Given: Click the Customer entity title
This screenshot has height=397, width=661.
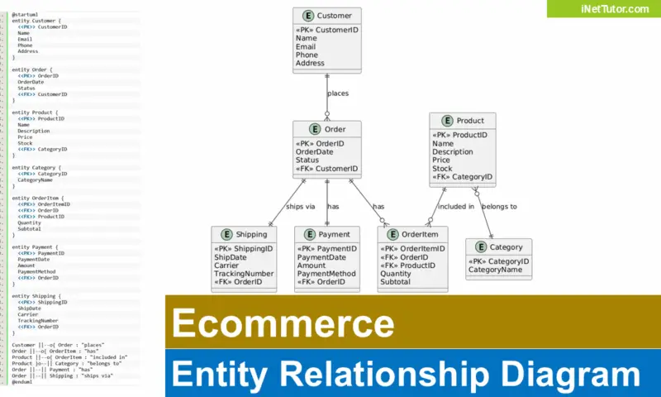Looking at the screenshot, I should pos(334,15).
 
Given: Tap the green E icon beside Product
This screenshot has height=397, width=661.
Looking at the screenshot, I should pos(447,121).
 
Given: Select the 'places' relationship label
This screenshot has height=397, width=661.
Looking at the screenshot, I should pos(338,93).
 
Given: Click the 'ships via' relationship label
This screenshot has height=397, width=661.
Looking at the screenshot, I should pos(300,207).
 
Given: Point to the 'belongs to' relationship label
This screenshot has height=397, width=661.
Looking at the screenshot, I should pos(499,207).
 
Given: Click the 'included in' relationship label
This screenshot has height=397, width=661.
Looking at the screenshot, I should pos(455,207).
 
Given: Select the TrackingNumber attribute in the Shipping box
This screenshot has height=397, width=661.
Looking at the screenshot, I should pos(244,274).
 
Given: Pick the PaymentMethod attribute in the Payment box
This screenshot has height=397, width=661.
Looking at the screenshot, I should pos(326,274).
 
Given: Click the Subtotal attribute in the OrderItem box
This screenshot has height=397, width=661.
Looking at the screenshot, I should pos(395,282).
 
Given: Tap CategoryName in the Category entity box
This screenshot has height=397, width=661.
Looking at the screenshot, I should pos(495,270).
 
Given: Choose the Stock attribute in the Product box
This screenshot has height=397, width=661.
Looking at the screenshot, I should pos(442,169).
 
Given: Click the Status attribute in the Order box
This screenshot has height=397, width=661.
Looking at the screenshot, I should pos(309,160).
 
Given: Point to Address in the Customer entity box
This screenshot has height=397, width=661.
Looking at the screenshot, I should pos(310,63).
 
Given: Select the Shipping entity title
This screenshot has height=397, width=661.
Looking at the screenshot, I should pos(251,234).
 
